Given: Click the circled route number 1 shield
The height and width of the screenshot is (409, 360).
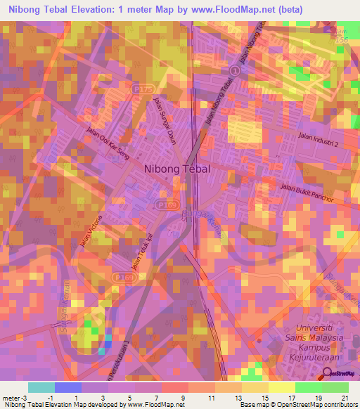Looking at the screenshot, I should [x=234, y=71].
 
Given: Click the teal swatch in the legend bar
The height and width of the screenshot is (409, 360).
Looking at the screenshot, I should [x=41, y=387].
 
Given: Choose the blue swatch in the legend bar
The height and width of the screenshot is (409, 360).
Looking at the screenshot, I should [x=68, y=387].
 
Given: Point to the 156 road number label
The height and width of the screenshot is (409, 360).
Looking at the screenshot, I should [x=342, y=41].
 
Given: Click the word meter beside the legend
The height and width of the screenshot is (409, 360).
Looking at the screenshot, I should [x=10, y=398].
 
